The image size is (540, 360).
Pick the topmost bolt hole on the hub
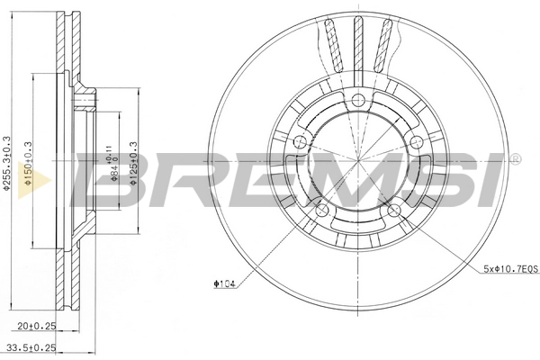coord(357,100)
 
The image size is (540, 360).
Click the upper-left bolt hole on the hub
coord(301,141)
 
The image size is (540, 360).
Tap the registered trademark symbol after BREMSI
coord(514,159)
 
